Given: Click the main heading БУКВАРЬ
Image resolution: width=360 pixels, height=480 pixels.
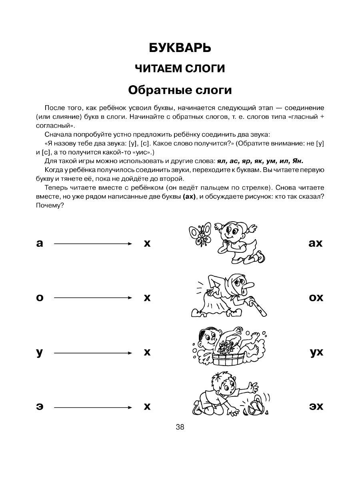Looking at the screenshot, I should point(180,48).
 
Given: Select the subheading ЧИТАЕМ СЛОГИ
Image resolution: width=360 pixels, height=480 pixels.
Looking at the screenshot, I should point(180,69).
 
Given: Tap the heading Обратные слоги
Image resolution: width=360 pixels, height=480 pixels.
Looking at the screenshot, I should point(180,90).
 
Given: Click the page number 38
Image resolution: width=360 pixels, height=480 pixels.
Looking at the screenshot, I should point(180,427).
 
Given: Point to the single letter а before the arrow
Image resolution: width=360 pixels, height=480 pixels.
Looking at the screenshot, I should point(39,243).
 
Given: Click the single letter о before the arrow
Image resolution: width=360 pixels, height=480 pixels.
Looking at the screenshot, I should point(39,298).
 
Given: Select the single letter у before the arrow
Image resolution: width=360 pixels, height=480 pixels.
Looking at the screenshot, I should point(39,353).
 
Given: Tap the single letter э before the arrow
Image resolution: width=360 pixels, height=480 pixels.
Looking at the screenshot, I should point(39,407).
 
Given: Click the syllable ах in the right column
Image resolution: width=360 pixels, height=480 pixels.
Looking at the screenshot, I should point(316,243).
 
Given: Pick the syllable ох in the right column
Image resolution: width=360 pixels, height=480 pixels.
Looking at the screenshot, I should point(316,298).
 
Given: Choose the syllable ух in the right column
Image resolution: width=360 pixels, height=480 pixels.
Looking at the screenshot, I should point(316,353).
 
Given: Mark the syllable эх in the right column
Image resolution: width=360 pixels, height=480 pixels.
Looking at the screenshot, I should point(316,407).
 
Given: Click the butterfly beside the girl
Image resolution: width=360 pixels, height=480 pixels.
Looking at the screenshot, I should point(200,234).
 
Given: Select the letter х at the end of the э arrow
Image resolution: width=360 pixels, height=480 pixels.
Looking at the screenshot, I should point(147,407).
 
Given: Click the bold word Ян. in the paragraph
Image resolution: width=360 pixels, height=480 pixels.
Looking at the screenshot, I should point(297,161).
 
